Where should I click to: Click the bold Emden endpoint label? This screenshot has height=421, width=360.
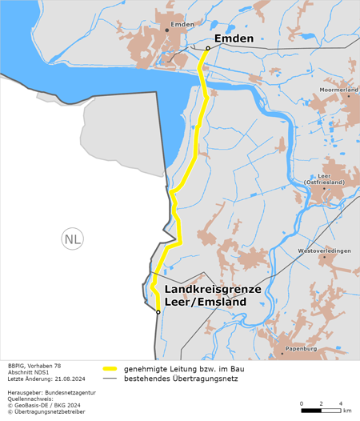pyautogui.click(x=234, y=38)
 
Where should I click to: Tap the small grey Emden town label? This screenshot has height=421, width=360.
pyautogui.click(x=182, y=25)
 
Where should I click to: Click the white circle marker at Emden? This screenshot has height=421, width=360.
pyautogui.click(x=207, y=48)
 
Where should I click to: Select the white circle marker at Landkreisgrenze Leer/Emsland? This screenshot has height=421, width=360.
pyautogui.click(x=158, y=312)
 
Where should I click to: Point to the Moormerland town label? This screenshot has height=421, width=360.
pyautogui.click(x=338, y=90)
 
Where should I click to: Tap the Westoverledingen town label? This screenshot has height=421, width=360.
pyautogui.click(x=324, y=251)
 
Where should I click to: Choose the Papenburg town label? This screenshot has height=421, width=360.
pyautogui.click(x=301, y=349)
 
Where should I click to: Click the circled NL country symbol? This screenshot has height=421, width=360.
pyautogui.click(x=72, y=239)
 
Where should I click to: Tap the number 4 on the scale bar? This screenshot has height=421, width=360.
pyautogui.click(x=342, y=403)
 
